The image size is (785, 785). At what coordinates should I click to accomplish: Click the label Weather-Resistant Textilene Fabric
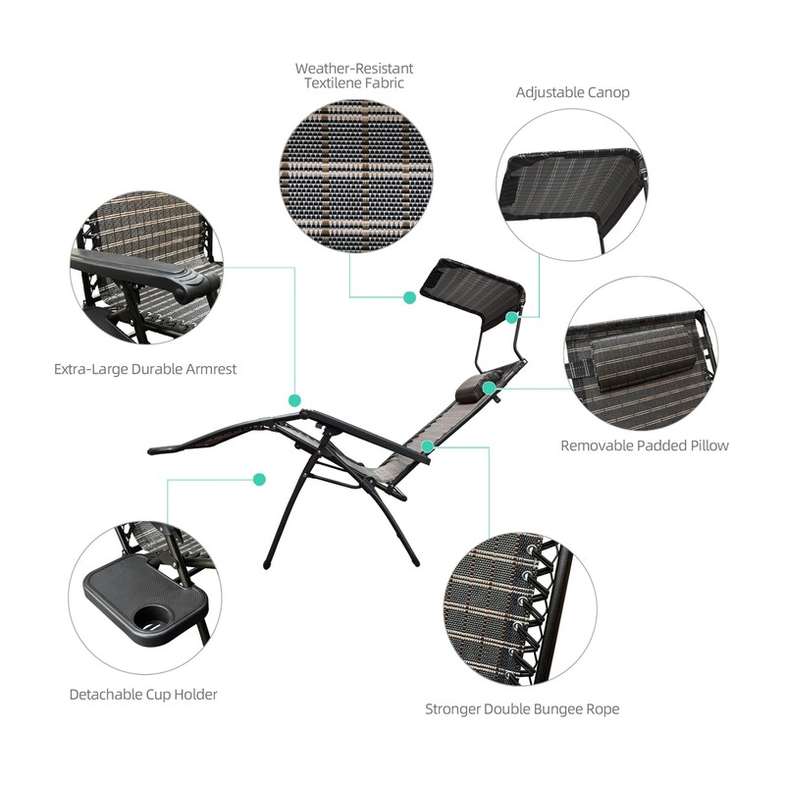pos(354,76)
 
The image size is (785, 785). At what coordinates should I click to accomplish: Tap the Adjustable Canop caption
pos(573,92)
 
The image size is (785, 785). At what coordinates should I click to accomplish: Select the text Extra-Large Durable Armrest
pos(145,370)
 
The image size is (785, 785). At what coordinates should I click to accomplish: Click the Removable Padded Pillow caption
pos(645,445)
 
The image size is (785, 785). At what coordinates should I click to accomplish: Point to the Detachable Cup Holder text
pos(143,694)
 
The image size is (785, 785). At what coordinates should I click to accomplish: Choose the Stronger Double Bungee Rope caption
pos(522,708)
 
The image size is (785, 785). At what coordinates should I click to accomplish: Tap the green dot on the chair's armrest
pos(294,400)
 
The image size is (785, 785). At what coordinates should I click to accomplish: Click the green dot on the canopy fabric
pos(410,296)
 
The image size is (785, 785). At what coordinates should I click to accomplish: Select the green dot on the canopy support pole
pos(512,317)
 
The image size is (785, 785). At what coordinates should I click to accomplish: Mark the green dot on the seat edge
pos(427,446)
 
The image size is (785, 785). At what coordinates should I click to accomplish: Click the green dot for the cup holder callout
pos(259,480)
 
